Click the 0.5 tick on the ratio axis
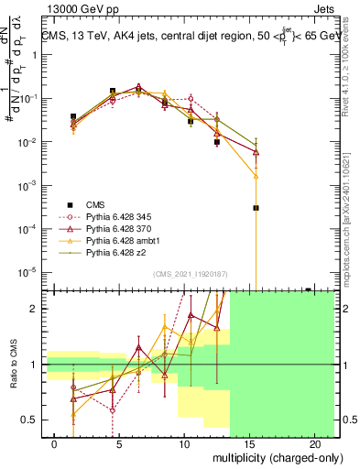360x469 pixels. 32,420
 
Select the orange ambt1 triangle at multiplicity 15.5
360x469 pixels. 256,176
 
